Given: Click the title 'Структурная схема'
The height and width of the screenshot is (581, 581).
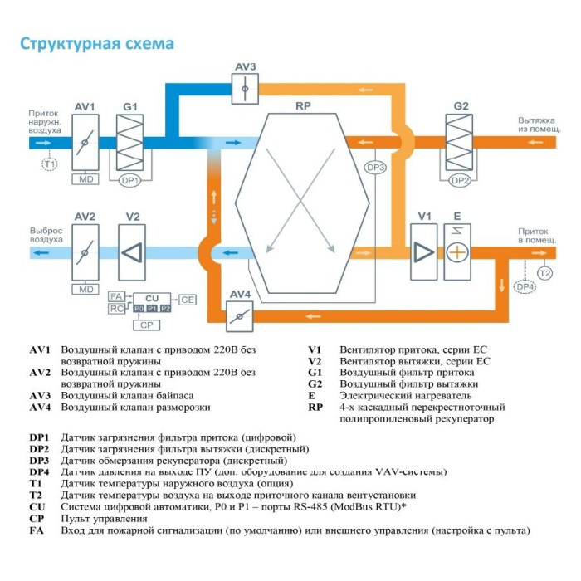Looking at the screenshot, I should [x=97, y=44].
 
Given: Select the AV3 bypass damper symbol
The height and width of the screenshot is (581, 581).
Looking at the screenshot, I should [x=245, y=87].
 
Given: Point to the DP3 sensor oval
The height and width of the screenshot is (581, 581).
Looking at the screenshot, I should [x=376, y=167].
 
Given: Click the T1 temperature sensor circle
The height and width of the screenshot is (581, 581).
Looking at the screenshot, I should [x=50, y=164].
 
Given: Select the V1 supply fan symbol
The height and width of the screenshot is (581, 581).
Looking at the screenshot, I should [x=423, y=251].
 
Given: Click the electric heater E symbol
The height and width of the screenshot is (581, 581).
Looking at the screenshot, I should [x=456, y=251].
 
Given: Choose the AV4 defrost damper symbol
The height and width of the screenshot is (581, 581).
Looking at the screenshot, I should [x=241, y=315].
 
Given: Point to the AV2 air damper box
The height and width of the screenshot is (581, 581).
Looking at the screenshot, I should [x=85, y=251].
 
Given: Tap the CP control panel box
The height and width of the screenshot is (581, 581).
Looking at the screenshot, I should [x=146, y=325].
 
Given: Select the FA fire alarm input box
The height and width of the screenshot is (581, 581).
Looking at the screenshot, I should [x=116, y=295].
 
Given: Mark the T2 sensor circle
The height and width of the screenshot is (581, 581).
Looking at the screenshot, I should [x=544, y=272].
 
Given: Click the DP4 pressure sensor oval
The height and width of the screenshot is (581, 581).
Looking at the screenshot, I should [x=525, y=286].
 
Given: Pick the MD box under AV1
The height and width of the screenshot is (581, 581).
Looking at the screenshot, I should [x=85, y=179].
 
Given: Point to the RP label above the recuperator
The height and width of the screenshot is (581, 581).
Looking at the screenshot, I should [x=303, y=106].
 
